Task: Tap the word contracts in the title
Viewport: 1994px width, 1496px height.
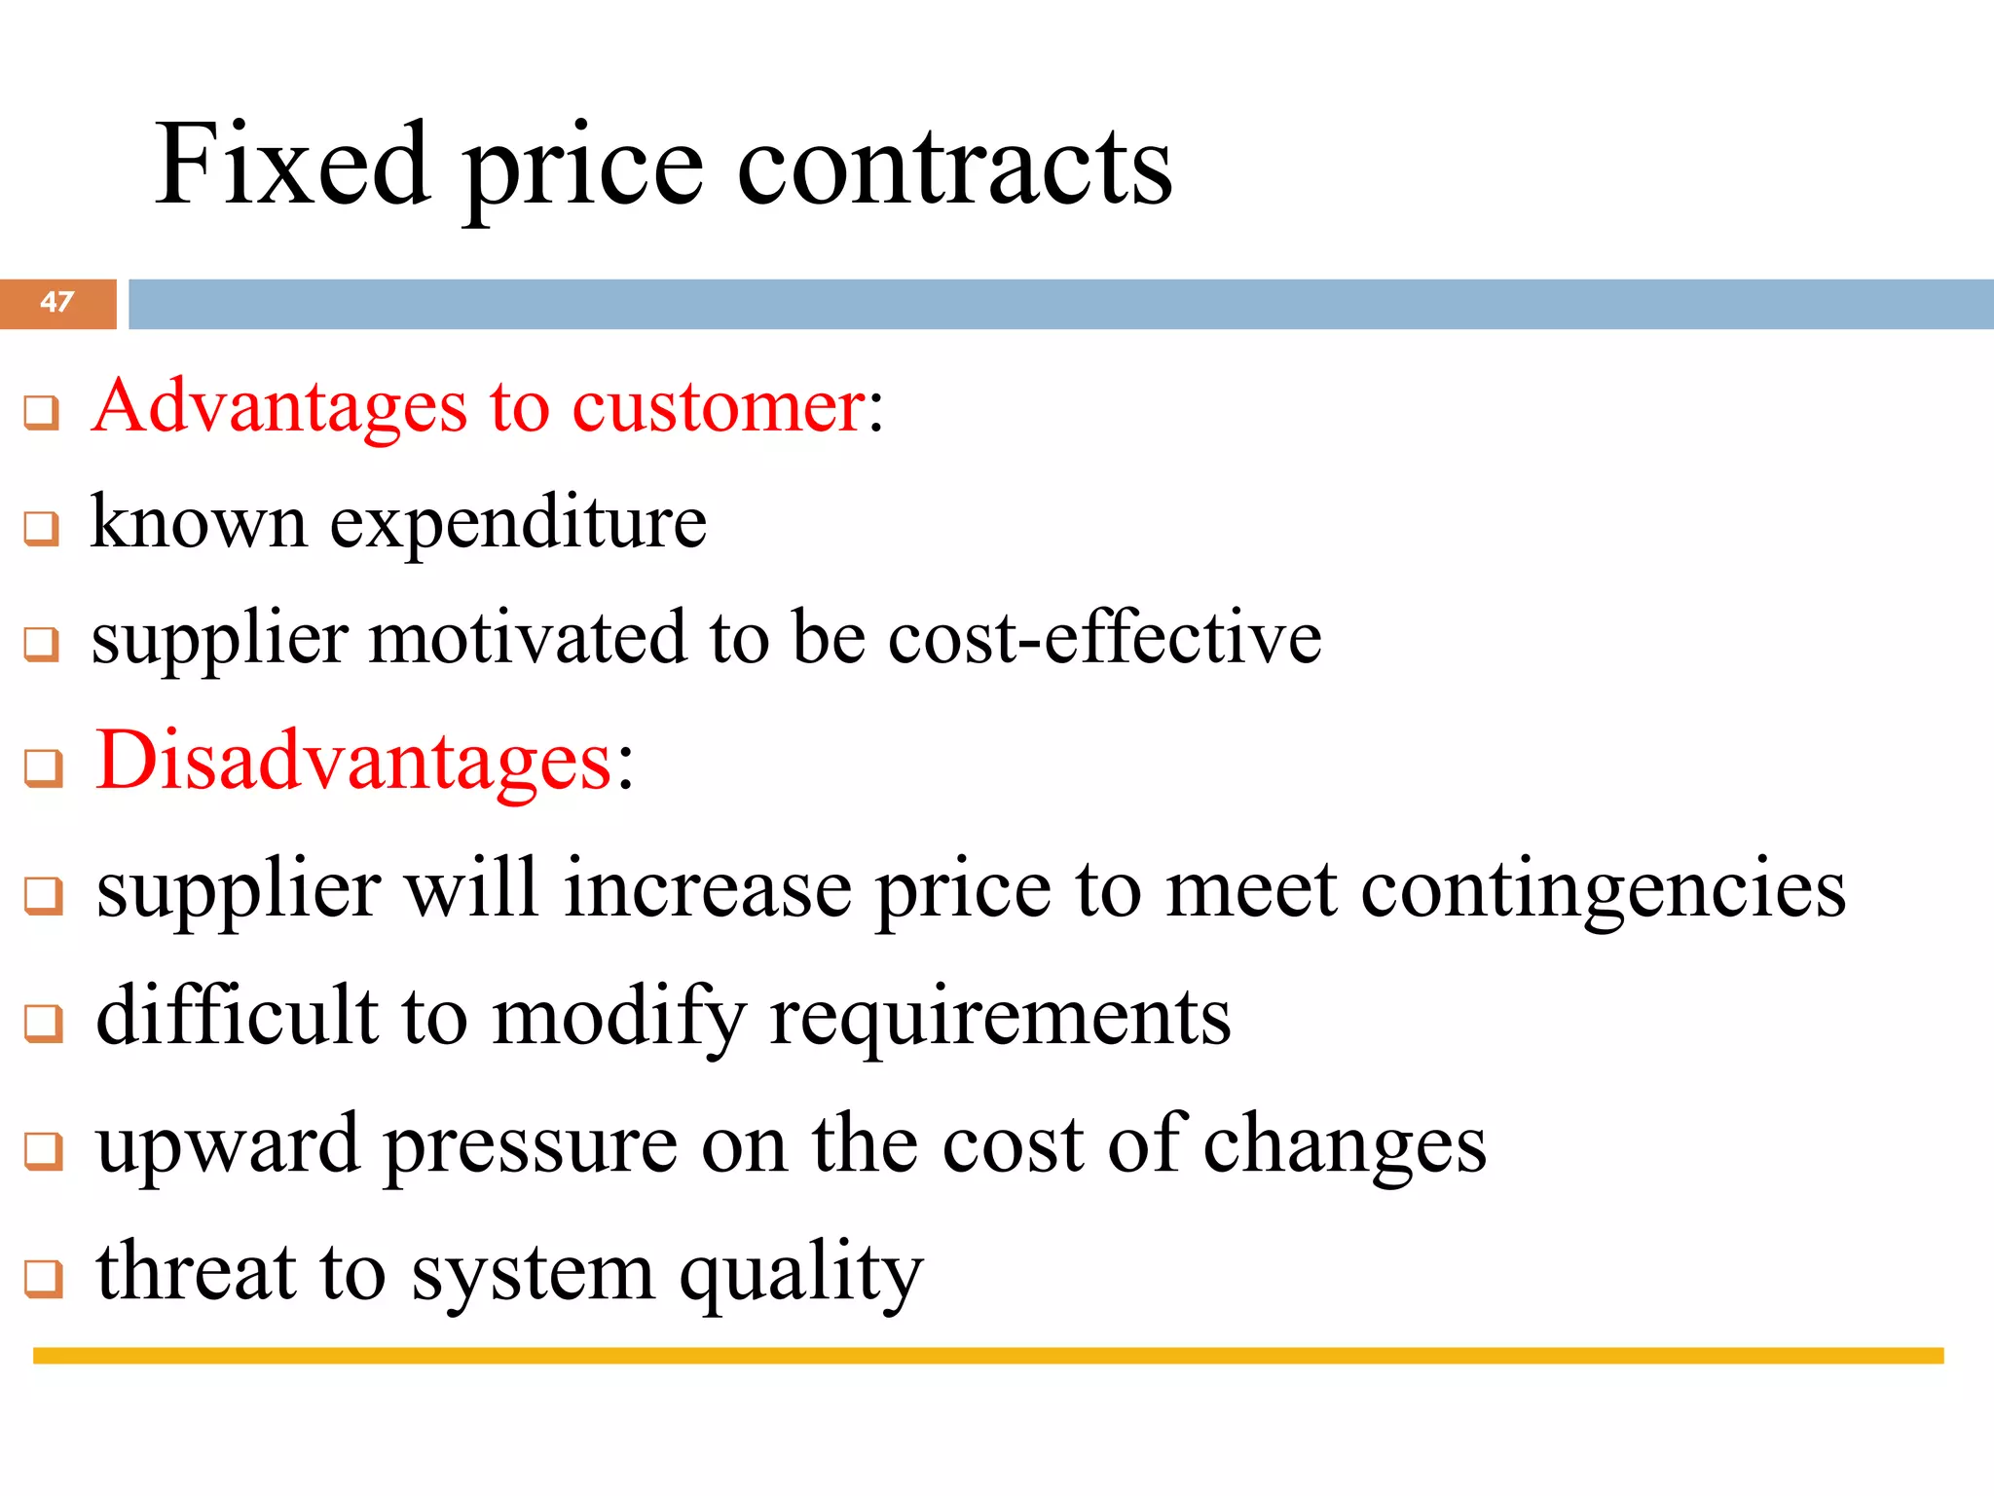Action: click(x=954, y=166)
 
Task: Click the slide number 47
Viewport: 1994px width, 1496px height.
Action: click(x=57, y=302)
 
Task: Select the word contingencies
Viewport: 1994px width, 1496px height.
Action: click(x=1603, y=890)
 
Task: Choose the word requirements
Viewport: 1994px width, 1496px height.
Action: click(x=1000, y=1019)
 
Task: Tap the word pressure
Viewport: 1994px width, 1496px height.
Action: click(x=531, y=1147)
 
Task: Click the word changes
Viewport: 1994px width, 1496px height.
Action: click(x=1345, y=1147)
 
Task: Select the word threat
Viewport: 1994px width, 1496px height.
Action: click(x=196, y=1272)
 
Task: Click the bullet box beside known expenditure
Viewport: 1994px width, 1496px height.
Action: click(x=42, y=529)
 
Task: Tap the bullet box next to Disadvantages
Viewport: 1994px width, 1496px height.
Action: click(x=44, y=767)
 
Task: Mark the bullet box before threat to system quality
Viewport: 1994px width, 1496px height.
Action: click(x=44, y=1279)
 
